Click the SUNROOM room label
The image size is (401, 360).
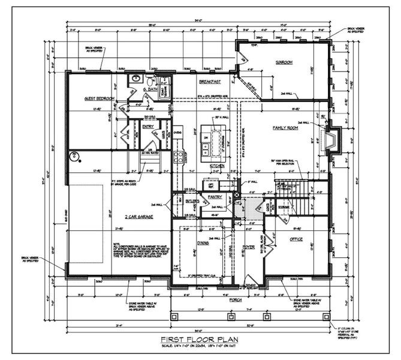[283, 62]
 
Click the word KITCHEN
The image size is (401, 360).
[217, 165]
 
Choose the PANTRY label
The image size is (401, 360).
[215, 196]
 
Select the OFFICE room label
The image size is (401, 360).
[296, 239]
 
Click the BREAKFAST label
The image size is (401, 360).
[210, 81]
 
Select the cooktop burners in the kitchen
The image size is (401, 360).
[177, 157]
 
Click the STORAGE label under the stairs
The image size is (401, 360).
[283, 207]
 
